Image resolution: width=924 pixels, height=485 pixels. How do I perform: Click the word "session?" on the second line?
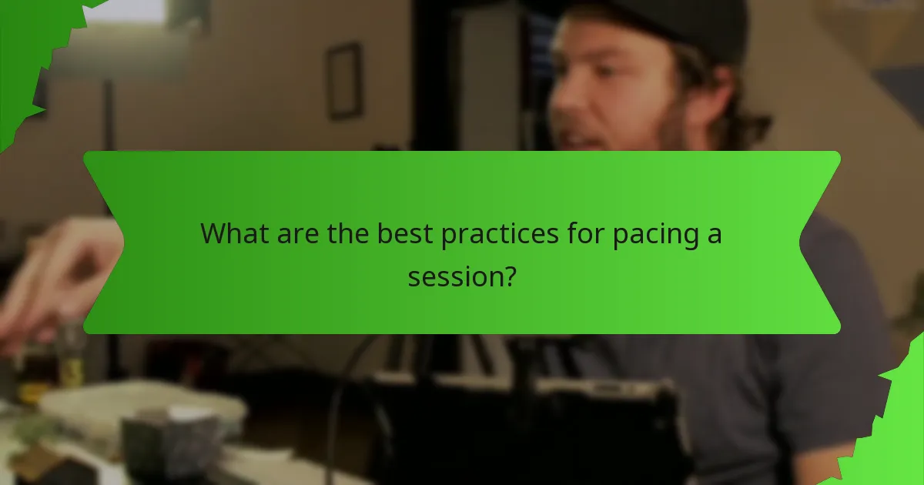click(x=461, y=276)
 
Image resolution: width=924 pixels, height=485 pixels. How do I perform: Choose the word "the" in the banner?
click(x=346, y=234)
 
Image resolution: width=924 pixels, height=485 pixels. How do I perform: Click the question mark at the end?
click(x=507, y=276)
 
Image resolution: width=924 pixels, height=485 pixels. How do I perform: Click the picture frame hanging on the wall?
click(x=343, y=81)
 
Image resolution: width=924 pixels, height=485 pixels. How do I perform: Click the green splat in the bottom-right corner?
click(x=897, y=431)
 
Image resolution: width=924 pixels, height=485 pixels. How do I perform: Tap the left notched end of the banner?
click(x=104, y=242)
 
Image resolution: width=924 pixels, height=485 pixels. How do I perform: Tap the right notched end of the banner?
click(x=820, y=242)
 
